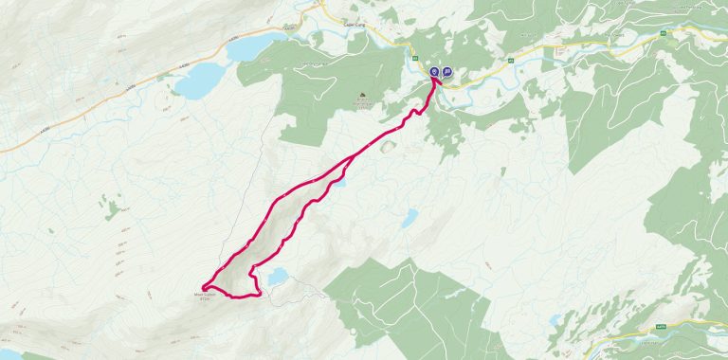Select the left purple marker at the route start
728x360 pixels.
(434, 71)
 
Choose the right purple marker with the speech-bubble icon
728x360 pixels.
(446, 71)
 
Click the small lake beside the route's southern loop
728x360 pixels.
(276, 277)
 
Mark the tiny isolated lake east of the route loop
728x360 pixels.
(409, 219)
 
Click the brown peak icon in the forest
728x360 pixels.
(362, 96)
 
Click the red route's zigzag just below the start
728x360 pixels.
(413, 115)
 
